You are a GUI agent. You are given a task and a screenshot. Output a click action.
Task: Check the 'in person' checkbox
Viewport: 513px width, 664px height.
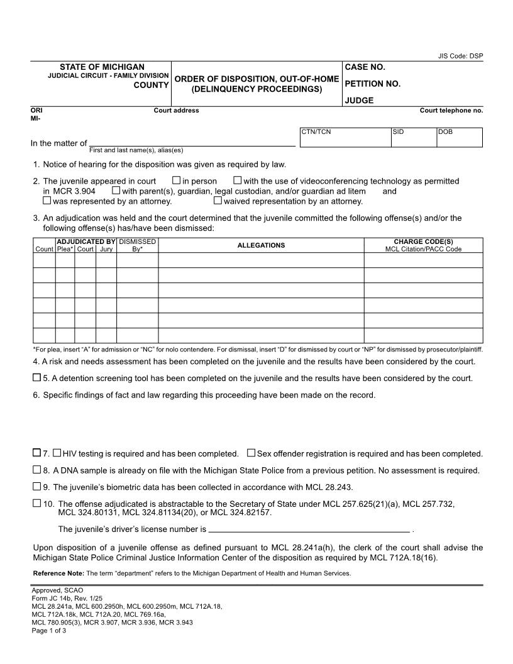176,180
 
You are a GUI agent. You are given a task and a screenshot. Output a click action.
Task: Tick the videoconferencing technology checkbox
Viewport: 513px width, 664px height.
237,180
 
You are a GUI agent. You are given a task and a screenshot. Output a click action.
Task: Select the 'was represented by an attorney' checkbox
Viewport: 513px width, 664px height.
47,201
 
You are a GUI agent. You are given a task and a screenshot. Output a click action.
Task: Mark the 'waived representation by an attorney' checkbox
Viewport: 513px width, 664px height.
218,201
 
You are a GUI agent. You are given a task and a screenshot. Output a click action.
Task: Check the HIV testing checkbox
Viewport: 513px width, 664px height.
57,453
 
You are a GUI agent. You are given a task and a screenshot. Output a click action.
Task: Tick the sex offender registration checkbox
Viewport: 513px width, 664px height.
251,453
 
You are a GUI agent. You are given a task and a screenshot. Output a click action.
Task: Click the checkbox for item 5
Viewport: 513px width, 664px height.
36,378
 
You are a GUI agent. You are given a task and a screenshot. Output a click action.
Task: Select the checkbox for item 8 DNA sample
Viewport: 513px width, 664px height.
36,470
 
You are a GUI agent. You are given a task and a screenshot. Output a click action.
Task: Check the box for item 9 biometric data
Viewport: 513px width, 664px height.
36,486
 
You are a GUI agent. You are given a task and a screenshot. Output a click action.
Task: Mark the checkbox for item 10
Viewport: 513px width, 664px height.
36,503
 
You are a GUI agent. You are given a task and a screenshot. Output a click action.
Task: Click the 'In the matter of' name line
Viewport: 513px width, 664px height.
192,143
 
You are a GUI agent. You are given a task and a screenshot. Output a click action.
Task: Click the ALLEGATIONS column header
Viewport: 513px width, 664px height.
261,245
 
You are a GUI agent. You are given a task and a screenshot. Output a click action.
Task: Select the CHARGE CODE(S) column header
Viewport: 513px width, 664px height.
423,241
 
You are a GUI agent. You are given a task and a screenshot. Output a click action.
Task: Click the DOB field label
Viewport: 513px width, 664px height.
445,132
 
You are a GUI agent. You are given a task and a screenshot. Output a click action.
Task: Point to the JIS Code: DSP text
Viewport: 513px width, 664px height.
460,56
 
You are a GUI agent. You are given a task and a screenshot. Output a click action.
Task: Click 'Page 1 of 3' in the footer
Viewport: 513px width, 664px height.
49,631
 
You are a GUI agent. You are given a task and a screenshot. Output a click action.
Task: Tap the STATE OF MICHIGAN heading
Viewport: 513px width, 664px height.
102,67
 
